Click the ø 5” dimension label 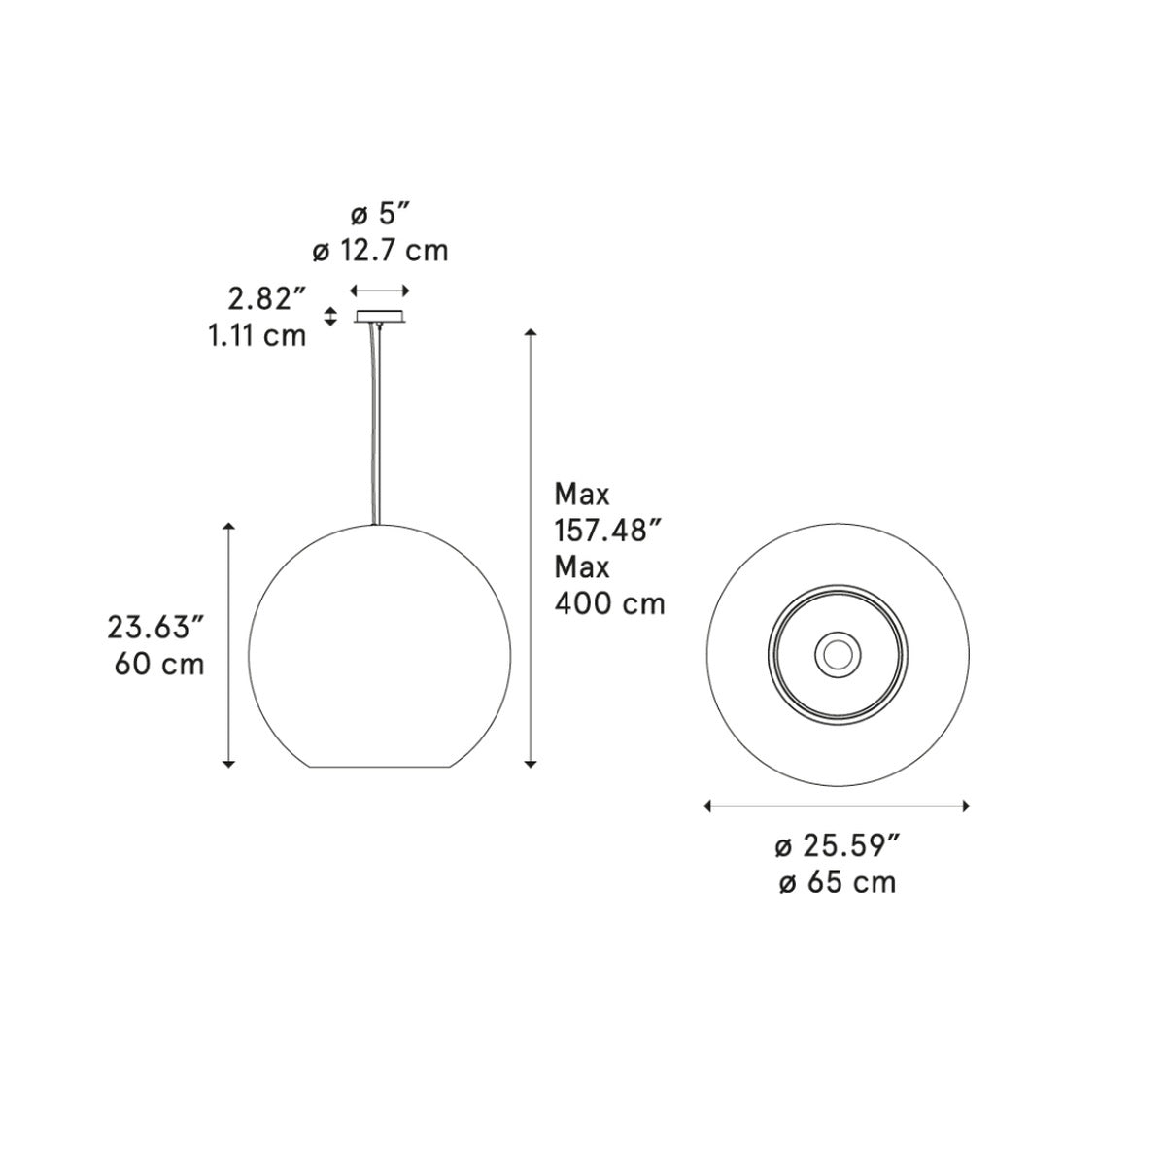(381, 214)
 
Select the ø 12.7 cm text (380, 251)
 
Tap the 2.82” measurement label (267, 299)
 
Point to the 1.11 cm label (257, 335)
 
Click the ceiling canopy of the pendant (380, 316)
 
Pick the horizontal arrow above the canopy (380, 291)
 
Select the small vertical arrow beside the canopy (329, 317)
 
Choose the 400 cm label (610, 603)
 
